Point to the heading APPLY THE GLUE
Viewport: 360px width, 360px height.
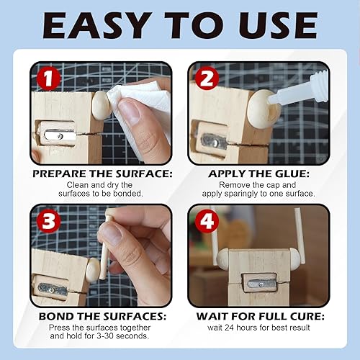(x=258, y=174)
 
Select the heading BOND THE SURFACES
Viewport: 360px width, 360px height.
(x=101, y=315)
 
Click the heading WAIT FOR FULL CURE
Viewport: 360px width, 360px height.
(x=258, y=315)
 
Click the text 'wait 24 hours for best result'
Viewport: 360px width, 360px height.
(x=258, y=328)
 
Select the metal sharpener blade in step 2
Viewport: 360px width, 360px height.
(x=215, y=140)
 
